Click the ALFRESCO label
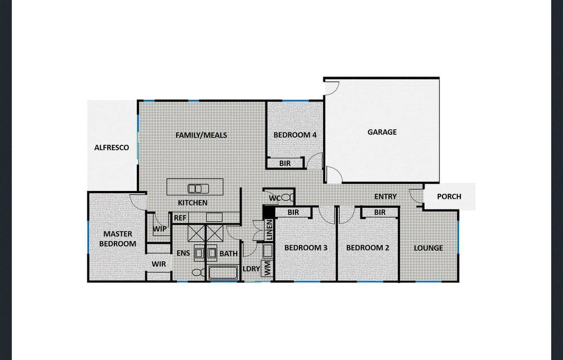(111, 148)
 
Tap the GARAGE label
(382, 132)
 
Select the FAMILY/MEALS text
(201, 135)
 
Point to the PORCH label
(449, 197)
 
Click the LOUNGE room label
(428, 248)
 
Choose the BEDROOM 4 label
(295, 135)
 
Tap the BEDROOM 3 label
(306, 248)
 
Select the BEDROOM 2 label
(368, 248)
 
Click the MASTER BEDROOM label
(118, 239)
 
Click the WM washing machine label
(267, 268)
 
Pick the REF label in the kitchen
(180, 218)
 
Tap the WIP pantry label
(159, 229)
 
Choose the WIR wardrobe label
(158, 264)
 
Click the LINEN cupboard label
(269, 231)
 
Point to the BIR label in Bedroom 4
(285, 163)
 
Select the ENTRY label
(386, 197)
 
